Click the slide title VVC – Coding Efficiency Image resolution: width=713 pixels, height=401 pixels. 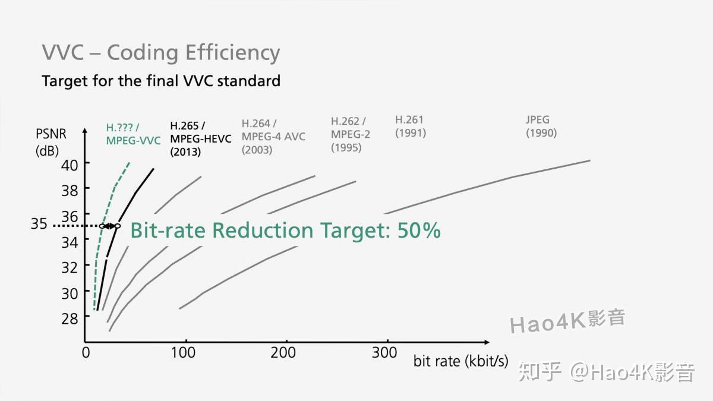(160, 53)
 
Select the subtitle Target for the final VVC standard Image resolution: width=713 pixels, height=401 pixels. (161, 80)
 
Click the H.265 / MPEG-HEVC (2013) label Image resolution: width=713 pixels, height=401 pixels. (200, 138)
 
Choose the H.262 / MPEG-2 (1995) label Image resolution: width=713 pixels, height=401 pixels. (351, 134)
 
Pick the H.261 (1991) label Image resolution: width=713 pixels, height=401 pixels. (411, 127)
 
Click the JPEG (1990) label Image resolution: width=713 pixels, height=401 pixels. (541, 127)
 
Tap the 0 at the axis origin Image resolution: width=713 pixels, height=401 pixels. (86, 353)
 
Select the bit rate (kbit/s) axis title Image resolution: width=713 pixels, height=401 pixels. (460, 361)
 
